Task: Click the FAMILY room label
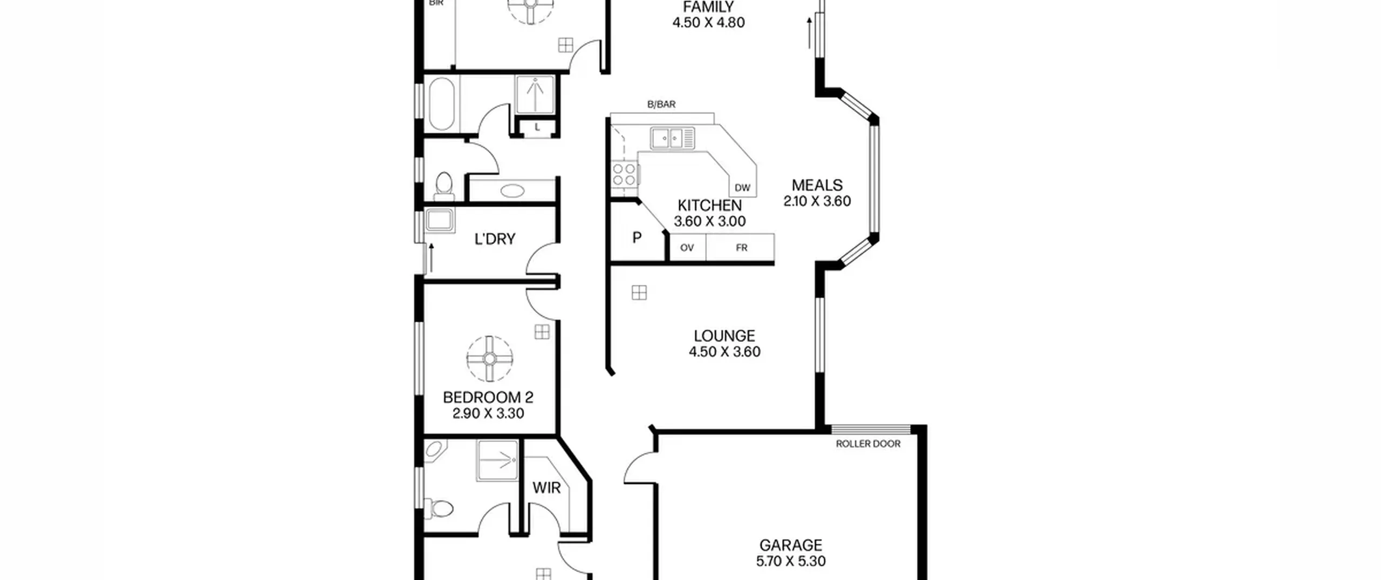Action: tap(708, 7)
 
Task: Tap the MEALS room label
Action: tap(817, 185)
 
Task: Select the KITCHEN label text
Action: tap(709, 206)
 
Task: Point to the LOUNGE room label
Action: tap(724, 336)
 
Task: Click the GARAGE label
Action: tap(791, 545)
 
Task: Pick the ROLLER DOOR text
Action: tap(868, 444)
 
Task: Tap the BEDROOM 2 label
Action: tap(488, 398)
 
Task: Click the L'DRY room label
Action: tap(495, 239)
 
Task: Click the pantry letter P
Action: tap(637, 237)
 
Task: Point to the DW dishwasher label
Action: tap(742, 188)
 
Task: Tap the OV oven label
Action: tap(687, 248)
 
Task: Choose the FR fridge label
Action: tap(742, 248)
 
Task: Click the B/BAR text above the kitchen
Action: tap(661, 105)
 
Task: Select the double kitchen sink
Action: tap(672, 138)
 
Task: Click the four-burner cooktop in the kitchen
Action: tap(624, 174)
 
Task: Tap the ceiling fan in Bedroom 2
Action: tap(489, 359)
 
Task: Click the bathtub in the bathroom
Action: tap(442, 104)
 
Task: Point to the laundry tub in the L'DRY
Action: tap(440, 221)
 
